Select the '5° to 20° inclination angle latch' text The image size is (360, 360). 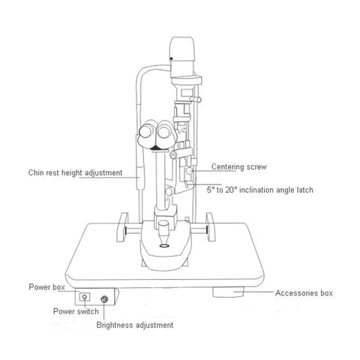259,190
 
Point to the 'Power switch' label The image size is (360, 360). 75,310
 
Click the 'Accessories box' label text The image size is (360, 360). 304,292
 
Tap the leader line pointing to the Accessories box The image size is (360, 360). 258,292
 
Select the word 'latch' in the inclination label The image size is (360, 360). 303,190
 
